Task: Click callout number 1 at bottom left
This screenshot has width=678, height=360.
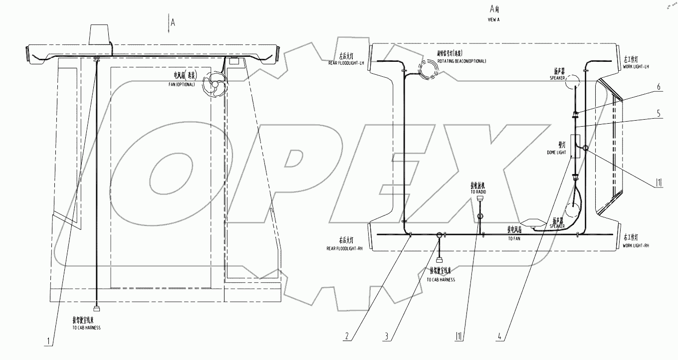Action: [x=48, y=342]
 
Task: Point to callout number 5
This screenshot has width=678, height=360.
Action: [x=660, y=113]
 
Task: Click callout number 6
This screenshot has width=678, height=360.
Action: [x=660, y=86]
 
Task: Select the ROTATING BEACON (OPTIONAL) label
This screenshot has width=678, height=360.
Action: [x=462, y=61]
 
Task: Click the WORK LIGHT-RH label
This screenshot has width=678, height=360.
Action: [x=636, y=246]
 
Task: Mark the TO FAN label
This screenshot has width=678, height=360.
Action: [x=514, y=238]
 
